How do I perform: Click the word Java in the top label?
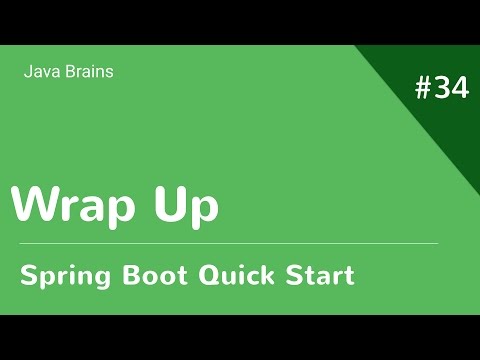click(39, 72)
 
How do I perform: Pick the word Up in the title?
click(189, 206)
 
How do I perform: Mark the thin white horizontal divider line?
click(230, 243)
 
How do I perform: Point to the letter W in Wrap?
click(34, 205)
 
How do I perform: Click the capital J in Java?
click(26, 72)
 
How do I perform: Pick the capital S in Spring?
click(30, 273)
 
